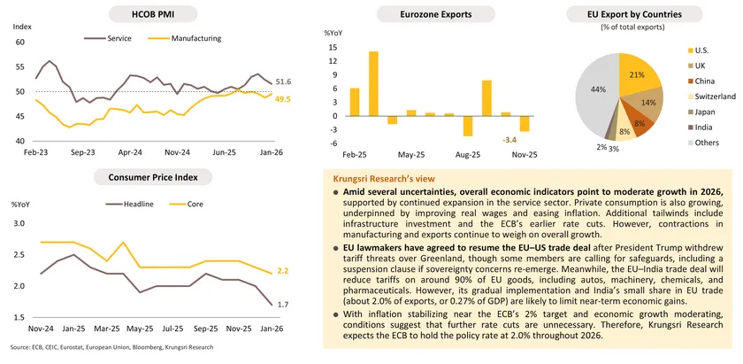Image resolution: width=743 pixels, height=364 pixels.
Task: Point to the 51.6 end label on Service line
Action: pyautogui.click(x=283, y=81)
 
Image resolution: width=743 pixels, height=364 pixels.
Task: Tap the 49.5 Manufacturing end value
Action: pyautogui.click(x=283, y=99)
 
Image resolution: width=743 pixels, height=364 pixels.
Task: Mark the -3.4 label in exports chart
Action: pyautogui.click(x=509, y=140)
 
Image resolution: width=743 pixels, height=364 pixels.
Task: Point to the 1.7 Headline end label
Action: pyautogui.click(x=282, y=305)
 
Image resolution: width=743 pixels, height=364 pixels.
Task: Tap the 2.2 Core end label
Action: pyautogui.click(x=282, y=271)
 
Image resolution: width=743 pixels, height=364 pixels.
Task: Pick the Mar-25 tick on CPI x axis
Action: pyautogui.click(x=131, y=327)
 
